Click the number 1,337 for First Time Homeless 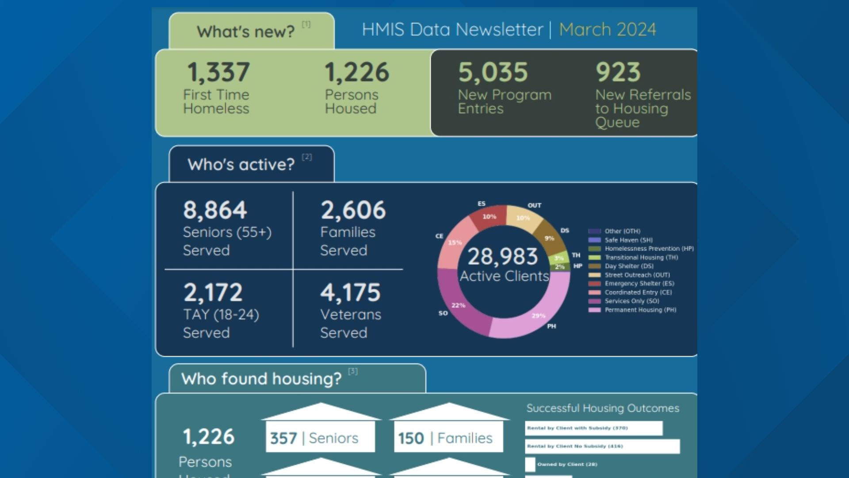[x=218, y=72]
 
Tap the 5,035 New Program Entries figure [x=493, y=72]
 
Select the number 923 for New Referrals [x=618, y=72]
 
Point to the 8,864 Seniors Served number [x=215, y=210]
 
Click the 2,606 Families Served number [x=353, y=210]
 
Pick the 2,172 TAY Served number [x=213, y=293]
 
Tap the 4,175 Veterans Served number [x=350, y=293]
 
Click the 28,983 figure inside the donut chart [x=503, y=257]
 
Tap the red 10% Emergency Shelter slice [x=489, y=216]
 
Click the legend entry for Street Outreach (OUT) [x=637, y=275]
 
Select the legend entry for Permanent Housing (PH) [x=640, y=310]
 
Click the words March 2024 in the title [x=607, y=30]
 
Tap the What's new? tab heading [x=246, y=32]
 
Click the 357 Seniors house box [x=320, y=438]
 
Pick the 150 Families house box [x=448, y=438]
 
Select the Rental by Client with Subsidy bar [x=593, y=428]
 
